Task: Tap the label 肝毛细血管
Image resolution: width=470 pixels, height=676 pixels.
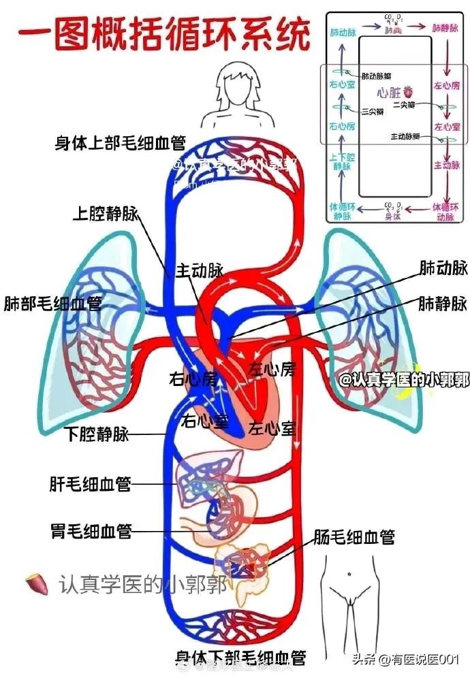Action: [90, 484]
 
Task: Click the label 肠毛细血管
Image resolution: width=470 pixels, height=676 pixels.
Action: [354, 537]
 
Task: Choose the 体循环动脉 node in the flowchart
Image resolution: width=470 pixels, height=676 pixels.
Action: [444, 210]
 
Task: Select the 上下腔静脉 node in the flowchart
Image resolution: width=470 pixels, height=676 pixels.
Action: [342, 160]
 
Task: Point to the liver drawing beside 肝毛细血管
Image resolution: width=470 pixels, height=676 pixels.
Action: [204, 470]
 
